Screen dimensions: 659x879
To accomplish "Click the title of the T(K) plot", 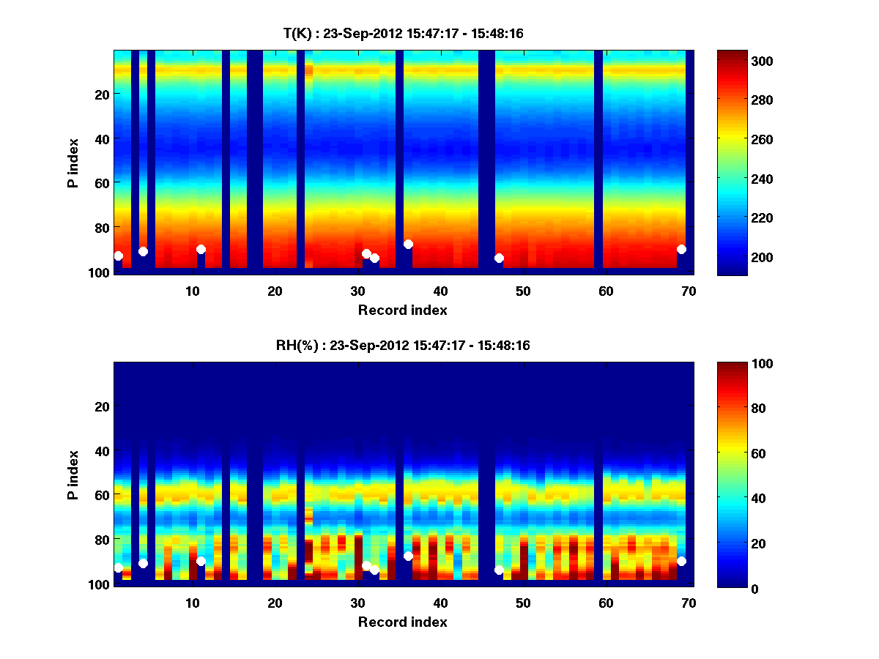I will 403,34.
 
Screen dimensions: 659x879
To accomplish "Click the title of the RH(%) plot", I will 403,346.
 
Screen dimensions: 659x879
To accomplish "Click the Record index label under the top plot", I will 403,310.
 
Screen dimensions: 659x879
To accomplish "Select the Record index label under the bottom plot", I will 403,622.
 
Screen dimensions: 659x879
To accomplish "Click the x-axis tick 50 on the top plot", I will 523,291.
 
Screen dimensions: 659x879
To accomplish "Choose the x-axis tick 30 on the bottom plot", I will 357,603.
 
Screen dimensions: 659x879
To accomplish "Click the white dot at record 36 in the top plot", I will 408,244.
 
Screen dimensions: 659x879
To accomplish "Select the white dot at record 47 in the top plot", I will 499,258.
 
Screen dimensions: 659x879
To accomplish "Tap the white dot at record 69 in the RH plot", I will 681,561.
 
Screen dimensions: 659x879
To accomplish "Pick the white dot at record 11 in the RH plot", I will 201,561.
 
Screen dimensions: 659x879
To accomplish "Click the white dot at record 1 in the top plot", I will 118,256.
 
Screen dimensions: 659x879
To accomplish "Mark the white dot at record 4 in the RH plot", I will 143,563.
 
